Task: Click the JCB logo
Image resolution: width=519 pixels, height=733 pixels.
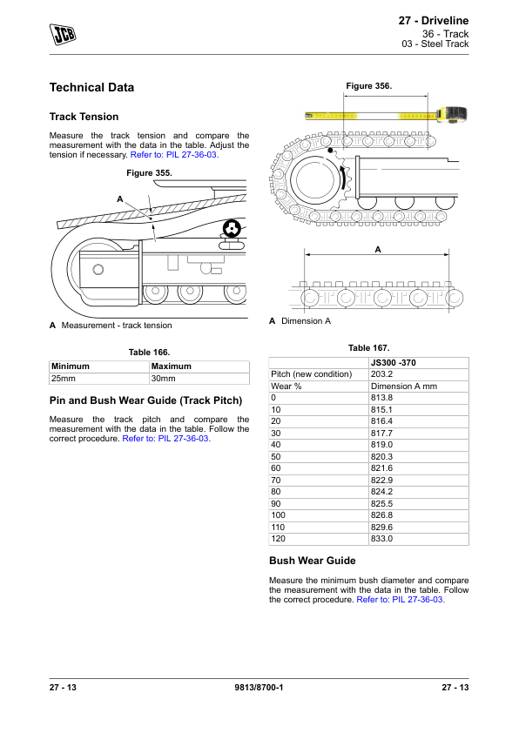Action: pyautogui.click(x=63, y=34)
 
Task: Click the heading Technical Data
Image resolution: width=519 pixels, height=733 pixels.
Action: pyautogui.click(x=91, y=87)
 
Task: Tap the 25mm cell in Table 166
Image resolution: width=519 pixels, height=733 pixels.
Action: pyautogui.click(x=99, y=379)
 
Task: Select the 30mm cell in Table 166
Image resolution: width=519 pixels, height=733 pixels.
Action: pyautogui.click(x=199, y=379)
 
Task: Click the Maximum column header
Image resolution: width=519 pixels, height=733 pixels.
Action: pyautogui.click(x=172, y=366)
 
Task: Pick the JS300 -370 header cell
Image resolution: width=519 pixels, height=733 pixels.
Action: pyautogui.click(x=394, y=363)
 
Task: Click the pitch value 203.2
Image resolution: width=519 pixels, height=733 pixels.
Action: pyautogui.click(x=381, y=374)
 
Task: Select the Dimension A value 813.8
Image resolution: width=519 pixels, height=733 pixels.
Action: pyautogui.click(x=381, y=398)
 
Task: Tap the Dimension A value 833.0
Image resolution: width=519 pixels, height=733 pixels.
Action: pyautogui.click(x=381, y=539)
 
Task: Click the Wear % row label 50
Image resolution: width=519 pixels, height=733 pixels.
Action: pyautogui.click(x=276, y=457)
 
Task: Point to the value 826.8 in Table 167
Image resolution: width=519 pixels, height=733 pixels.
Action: pyautogui.click(x=381, y=515)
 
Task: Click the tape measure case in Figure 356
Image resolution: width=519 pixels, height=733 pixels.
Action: pyautogui.click(x=452, y=114)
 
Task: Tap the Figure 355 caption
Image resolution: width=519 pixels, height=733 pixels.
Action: pyautogui.click(x=149, y=173)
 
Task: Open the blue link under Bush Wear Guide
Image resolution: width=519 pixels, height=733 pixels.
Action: pyautogui.click(x=401, y=600)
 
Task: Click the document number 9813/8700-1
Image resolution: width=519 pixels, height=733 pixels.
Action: pyautogui.click(x=259, y=687)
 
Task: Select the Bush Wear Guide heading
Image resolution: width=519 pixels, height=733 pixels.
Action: pyautogui.click(x=313, y=561)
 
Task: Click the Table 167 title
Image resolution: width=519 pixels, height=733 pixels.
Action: pyautogui.click(x=369, y=348)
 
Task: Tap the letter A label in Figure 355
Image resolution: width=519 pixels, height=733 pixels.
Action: pyautogui.click(x=120, y=199)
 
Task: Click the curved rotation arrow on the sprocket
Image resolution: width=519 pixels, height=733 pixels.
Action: pyautogui.click(x=346, y=180)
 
